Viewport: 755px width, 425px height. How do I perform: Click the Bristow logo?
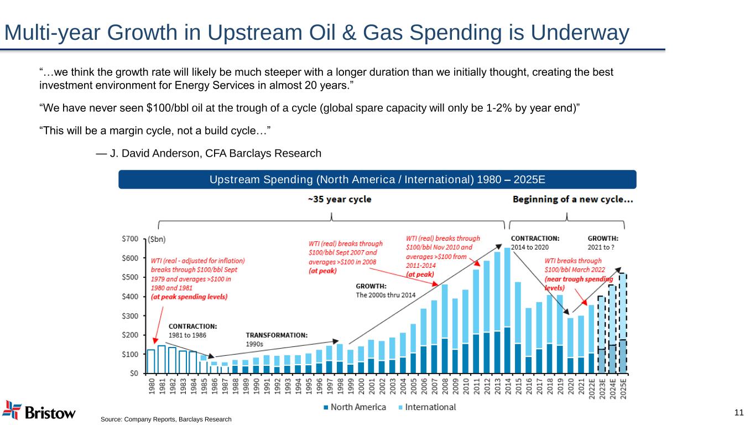[39, 411]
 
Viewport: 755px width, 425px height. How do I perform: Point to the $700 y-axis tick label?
[131, 239]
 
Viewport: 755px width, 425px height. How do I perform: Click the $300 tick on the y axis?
[131, 315]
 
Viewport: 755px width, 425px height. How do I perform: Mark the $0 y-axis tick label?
[134, 373]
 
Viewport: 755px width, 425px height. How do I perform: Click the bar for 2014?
[507, 310]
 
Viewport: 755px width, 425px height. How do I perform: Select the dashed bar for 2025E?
[623, 323]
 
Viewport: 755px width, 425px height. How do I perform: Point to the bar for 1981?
[162, 359]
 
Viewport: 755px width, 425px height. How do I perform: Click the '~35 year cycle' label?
[340, 199]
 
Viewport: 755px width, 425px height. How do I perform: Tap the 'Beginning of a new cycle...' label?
[573, 199]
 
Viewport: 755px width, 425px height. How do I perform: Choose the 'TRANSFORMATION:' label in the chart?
[277, 335]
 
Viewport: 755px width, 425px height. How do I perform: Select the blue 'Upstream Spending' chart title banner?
[377, 179]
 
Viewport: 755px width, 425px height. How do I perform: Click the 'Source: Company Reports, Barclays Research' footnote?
[166, 419]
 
